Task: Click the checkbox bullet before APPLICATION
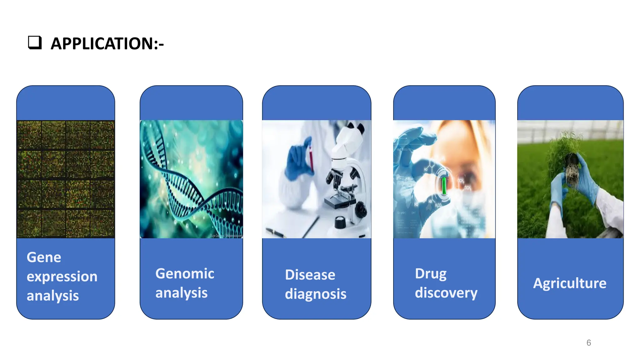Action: click(35, 42)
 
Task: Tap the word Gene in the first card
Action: click(44, 257)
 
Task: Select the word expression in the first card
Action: click(62, 277)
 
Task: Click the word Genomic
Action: click(185, 274)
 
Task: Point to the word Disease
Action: click(310, 275)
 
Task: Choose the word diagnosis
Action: click(316, 294)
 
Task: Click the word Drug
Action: click(431, 274)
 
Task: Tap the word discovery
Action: click(446, 293)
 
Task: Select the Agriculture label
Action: click(570, 283)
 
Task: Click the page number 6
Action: click(589, 343)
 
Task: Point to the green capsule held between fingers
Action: click(444, 186)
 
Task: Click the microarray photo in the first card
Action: click(66, 179)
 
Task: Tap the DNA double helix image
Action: click(191, 179)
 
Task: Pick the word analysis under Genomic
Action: click(181, 293)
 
